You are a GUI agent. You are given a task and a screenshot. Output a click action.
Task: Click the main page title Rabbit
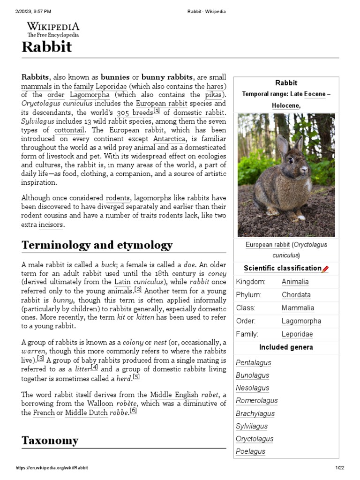[46, 47]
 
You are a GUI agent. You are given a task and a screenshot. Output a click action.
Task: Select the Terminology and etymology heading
[97, 245]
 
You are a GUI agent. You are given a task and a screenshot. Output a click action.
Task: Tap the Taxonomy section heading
[50, 440]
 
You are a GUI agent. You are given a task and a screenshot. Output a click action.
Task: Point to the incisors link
[50, 225]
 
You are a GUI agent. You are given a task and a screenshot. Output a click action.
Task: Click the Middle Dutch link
[86, 413]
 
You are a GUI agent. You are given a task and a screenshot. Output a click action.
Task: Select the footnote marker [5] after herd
[136, 377]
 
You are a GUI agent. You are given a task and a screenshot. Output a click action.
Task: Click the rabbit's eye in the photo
[291, 160]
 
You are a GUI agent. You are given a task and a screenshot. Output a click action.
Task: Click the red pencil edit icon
[325, 269]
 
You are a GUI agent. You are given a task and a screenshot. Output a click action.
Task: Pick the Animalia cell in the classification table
[295, 282]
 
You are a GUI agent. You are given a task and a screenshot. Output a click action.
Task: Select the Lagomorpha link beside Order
[301, 321]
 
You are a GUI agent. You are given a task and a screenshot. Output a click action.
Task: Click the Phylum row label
[248, 295]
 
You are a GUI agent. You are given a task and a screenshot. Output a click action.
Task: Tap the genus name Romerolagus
[256, 401]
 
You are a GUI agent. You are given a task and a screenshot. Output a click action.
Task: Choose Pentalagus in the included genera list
[253, 363]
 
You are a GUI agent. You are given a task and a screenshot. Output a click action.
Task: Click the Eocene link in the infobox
[314, 94]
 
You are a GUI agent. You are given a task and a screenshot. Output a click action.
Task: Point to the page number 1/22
[340, 468]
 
